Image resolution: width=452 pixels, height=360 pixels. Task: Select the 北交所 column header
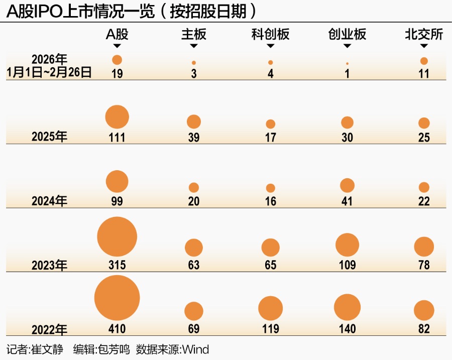(423, 34)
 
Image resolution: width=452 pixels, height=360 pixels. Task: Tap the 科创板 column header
(270, 34)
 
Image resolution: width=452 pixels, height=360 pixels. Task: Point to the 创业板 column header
(347, 34)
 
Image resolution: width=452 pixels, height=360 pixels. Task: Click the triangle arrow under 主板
(194, 46)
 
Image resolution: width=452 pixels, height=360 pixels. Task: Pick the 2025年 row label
(49, 137)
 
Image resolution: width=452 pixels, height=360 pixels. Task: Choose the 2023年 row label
(49, 265)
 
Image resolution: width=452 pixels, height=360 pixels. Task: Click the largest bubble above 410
(117, 298)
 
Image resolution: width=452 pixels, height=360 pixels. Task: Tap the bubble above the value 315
(117, 237)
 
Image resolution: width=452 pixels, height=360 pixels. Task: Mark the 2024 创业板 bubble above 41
(347, 185)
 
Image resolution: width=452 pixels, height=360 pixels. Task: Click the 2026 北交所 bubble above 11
(424, 61)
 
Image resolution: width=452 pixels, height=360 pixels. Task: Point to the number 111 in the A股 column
(117, 137)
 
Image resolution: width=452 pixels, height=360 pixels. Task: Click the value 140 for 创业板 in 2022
(347, 329)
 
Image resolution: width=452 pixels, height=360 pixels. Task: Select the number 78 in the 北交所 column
(424, 265)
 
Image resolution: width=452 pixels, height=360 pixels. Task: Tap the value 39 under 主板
(194, 137)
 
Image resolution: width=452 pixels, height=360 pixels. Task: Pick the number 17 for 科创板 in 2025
(270, 137)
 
